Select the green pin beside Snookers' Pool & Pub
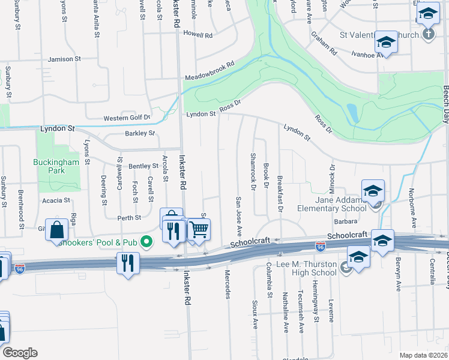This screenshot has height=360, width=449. coord(146,242)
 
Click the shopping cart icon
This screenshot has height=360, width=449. coord(199,230)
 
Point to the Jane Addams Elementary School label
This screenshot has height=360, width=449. coord(332,204)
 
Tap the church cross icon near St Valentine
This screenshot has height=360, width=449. coord(428,34)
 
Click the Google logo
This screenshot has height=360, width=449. coord(20,353)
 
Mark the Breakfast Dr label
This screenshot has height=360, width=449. coord(280,193)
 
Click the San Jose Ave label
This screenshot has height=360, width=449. coord(238,215)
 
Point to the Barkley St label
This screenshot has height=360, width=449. coord(140,133)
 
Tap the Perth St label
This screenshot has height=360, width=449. coord(129,218)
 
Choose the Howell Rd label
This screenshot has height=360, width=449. coord(200,36)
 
